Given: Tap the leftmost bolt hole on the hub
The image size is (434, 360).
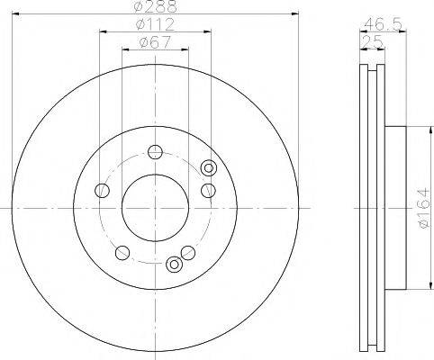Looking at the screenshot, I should click(x=102, y=191).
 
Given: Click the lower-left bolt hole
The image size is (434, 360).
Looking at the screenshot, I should click(x=121, y=251).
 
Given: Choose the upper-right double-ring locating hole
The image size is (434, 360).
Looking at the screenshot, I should click(x=210, y=167).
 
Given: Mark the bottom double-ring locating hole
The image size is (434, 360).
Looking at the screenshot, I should click(x=174, y=265).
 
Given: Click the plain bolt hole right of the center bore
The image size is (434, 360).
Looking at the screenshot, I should click(x=208, y=189).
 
